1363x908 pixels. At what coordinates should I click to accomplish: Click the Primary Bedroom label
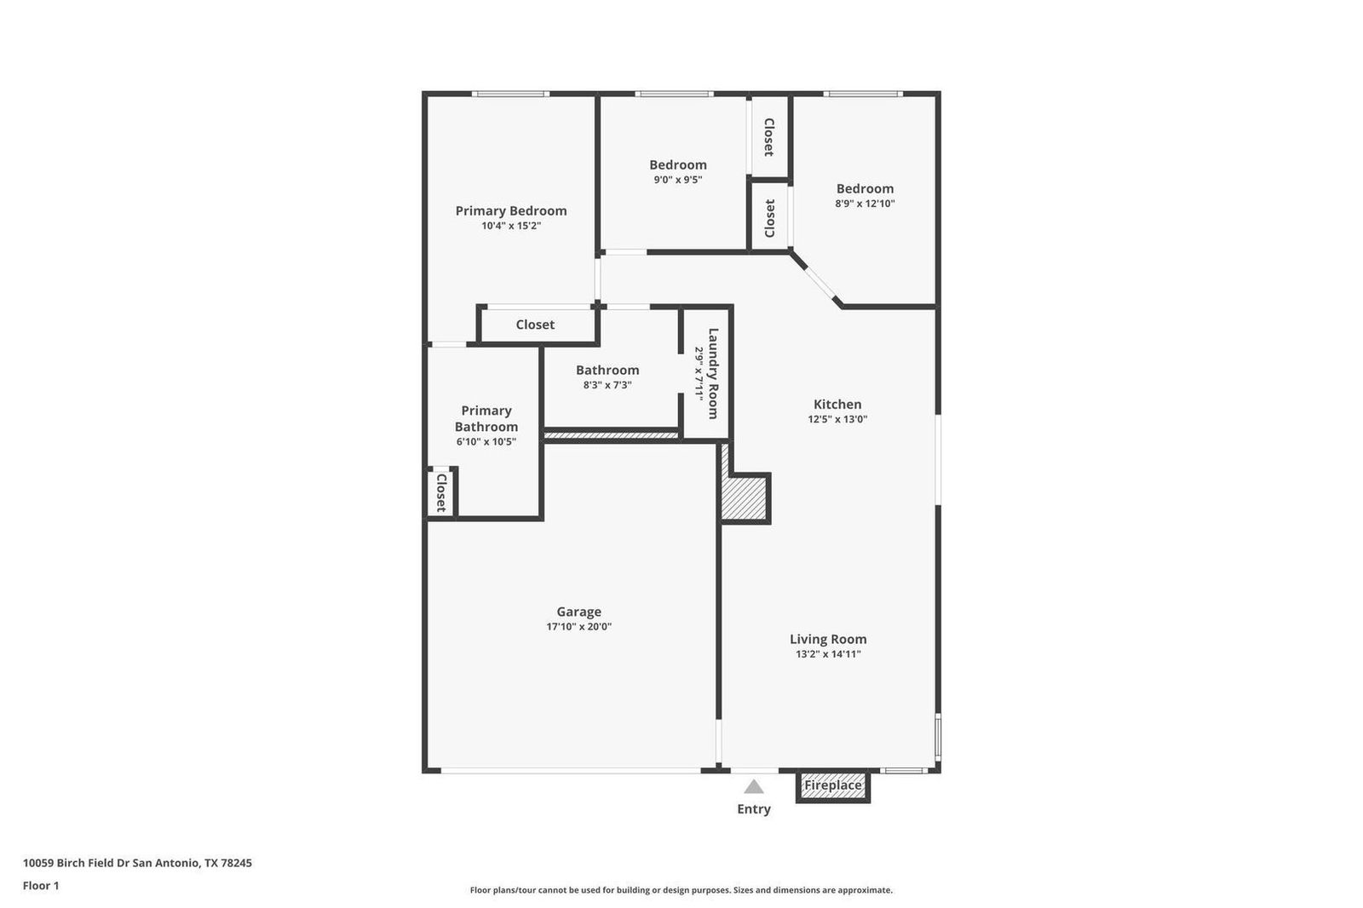click(511, 210)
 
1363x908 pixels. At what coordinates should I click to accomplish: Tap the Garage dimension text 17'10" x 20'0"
click(578, 627)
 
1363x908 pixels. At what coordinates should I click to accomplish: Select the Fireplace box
click(833, 785)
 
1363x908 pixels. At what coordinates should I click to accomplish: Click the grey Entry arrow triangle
click(754, 787)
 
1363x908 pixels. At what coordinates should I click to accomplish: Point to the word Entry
click(754, 809)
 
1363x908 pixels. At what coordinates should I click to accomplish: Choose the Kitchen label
click(837, 404)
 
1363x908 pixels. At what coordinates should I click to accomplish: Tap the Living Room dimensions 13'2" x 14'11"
click(828, 654)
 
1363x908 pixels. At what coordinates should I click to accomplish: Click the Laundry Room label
click(713, 373)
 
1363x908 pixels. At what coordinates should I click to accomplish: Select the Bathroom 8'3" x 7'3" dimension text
click(607, 385)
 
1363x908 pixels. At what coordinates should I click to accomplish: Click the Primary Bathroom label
click(486, 419)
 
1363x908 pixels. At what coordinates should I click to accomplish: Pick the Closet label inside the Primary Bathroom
click(442, 492)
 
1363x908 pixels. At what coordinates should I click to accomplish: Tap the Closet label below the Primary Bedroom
click(535, 325)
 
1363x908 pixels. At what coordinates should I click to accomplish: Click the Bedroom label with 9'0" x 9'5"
click(678, 165)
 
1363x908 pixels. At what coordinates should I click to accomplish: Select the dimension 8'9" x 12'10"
click(865, 204)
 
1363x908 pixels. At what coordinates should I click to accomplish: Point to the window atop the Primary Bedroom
click(510, 94)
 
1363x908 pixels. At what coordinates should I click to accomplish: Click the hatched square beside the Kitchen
click(744, 498)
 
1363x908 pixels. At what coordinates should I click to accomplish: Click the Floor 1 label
click(41, 886)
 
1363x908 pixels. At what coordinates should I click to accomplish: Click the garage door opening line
click(571, 771)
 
